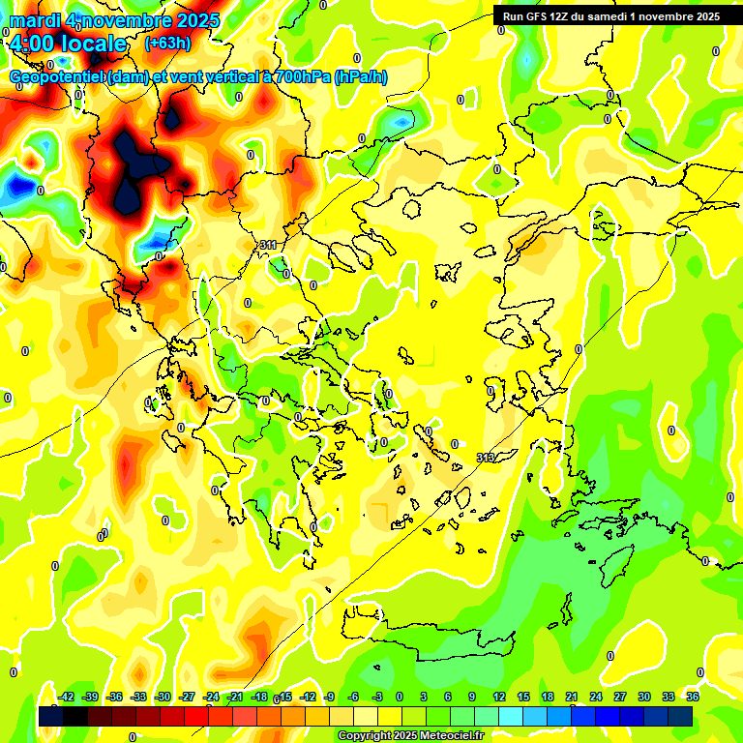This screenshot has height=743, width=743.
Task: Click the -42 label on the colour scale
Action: coord(67,697)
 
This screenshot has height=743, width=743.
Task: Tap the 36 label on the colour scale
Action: coord(693,697)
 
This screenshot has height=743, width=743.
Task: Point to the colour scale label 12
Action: coord(498,697)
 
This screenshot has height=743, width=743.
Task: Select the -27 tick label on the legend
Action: coord(187,697)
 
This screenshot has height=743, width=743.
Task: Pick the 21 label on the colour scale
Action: coord(573,697)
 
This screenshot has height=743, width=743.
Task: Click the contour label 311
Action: coord(268,246)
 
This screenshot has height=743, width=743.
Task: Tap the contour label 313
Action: coord(486,457)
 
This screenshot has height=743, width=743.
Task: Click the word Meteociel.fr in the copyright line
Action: coord(450,736)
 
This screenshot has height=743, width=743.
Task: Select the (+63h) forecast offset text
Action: coord(167,43)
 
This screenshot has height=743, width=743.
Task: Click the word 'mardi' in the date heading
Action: coord(33,19)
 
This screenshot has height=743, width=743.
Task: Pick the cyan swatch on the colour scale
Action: coord(510,716)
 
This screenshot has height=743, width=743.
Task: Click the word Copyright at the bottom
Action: coord(363,736)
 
